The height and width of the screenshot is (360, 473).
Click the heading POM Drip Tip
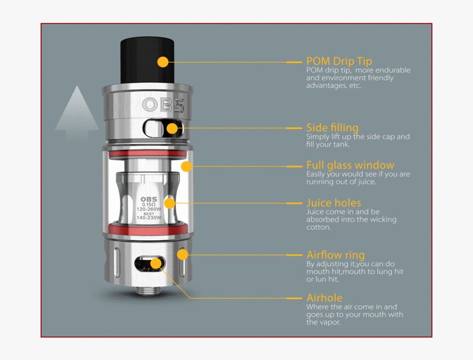point(339,61)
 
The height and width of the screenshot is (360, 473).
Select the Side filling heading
point(332,128)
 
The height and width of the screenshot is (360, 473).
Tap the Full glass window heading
point(350,165)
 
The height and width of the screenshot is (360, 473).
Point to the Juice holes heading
point(334,203)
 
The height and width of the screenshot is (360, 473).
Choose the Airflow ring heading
point(335,255)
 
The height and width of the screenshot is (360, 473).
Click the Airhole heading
point(324,298)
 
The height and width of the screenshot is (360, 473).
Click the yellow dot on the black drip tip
point(163,62)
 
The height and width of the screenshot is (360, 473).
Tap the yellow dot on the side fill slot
point(172,129)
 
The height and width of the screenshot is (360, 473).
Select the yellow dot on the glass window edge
point(187,167)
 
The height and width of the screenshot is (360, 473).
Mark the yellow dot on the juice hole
point(169,203)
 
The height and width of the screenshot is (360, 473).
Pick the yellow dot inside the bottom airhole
point(156,263)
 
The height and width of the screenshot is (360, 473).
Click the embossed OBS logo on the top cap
point(163,105)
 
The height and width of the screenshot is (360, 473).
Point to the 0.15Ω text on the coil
point(148,204)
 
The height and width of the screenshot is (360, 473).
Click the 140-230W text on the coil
point(148,218)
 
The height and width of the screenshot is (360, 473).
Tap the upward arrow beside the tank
point(77,114)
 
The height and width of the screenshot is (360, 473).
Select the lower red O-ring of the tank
point(148,229)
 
